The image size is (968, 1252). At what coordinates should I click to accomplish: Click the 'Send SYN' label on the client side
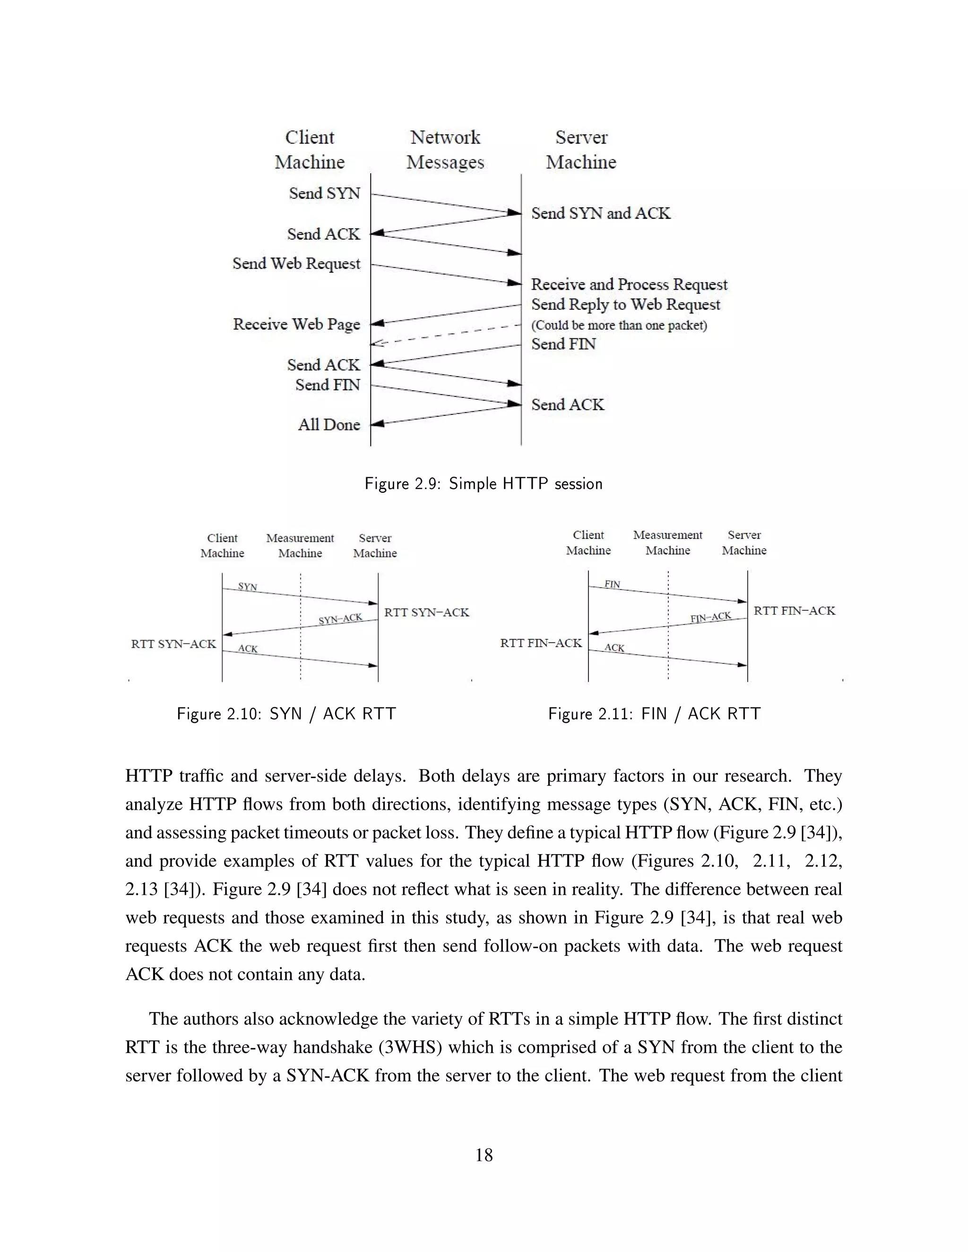coord(325,194)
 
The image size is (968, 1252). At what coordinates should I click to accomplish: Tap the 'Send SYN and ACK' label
coord(600,213)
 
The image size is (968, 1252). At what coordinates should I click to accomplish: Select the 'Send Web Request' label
coord(296,264)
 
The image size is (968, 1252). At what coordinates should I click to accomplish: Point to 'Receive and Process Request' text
coord(629,284)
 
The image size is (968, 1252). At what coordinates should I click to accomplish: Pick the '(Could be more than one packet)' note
coord(619,326)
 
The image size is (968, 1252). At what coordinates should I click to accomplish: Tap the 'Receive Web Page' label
coord(296,325)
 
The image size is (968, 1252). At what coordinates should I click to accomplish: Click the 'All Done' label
coord(328,425)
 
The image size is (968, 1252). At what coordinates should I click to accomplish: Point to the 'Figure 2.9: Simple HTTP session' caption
coord(484,484)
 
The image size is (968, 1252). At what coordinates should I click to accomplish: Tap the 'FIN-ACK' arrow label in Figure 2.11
coord(710,617)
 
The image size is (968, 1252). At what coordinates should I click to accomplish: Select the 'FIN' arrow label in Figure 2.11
coord(613,584)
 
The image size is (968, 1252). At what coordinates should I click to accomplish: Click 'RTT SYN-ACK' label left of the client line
coord(173,644)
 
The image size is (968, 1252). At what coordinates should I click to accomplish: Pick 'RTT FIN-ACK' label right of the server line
coord(794,611)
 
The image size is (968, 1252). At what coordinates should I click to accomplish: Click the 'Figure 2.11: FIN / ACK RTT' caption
coord(654,714)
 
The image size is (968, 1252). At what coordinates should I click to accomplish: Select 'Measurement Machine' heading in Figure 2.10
coord(300,546)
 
